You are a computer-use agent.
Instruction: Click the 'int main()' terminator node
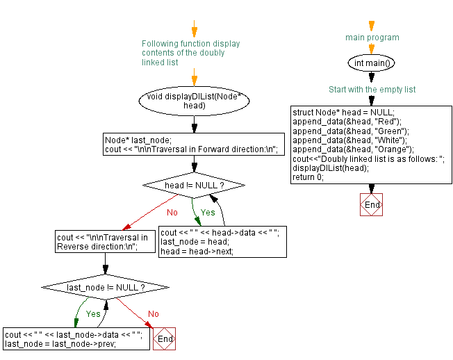click(372, 63)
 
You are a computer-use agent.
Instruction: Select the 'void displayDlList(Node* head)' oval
click(194, 101)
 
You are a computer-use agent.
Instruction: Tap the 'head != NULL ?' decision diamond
click(194, 186)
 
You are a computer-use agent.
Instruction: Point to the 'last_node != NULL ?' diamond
click(106, 287)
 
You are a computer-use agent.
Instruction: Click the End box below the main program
click(372, 205)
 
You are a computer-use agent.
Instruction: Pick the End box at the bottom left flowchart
click(165, 338)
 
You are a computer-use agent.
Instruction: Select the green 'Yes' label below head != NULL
click(208, 212)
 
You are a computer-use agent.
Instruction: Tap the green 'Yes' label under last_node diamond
click(93, 313)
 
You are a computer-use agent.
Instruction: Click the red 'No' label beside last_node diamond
click(153, 314)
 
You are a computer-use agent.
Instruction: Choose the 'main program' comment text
click(372, 38)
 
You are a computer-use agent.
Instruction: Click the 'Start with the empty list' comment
click(372, 90)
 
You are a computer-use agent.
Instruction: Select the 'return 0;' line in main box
click(308, 177)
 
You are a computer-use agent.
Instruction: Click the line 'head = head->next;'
click(197, 252)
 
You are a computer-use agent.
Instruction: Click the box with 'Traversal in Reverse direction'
click(105, 242)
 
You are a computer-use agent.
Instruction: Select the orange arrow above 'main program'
click(372, 26)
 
